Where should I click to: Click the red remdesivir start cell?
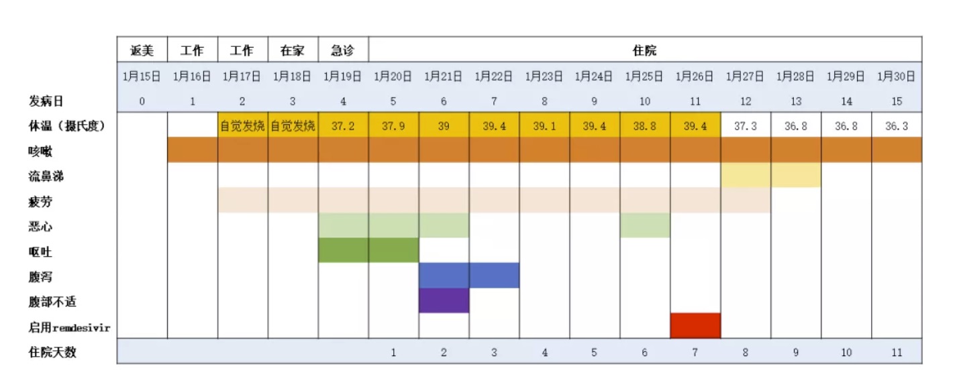695,325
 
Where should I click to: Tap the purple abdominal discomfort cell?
444,300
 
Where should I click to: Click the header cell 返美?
142,50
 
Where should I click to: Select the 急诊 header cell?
343,50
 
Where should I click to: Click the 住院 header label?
644,50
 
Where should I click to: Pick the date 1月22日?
494,76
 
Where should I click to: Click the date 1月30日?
897,76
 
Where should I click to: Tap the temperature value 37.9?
393,126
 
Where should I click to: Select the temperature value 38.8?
645,126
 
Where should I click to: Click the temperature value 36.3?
897,126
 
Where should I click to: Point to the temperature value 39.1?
544,126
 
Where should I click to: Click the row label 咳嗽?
40,152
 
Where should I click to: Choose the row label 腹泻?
40,277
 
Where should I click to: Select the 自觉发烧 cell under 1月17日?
242,126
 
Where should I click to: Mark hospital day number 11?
897,352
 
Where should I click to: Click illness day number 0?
142,102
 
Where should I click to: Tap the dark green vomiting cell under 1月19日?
343,250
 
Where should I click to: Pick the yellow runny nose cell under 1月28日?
796,175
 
